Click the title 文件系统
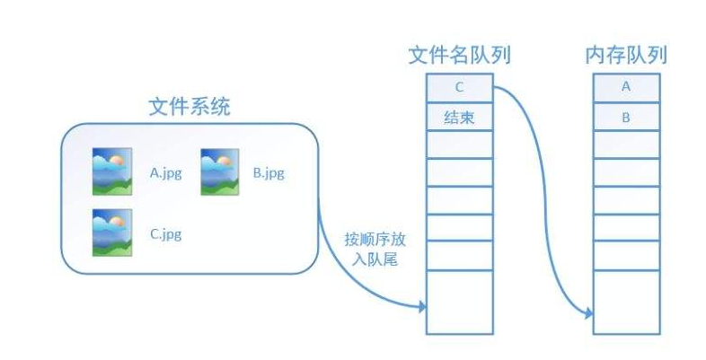tap(189, 108)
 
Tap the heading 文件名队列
tap(459, 56)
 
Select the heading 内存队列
tap(626, 56)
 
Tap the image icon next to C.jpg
tap(112, 232)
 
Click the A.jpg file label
tap(165, 172)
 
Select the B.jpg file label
tap(269, 172)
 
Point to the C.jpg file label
tap(165, 234)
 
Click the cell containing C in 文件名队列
tap(459, 88)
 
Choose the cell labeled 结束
tap(459, 117)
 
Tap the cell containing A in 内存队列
tap(626, 88)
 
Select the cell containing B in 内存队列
tap(626, 117)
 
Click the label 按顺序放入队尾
tap(369, 250)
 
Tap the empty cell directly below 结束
tap(459, 144)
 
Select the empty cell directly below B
tap(626, 144)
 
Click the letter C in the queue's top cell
tap(459, 88)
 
